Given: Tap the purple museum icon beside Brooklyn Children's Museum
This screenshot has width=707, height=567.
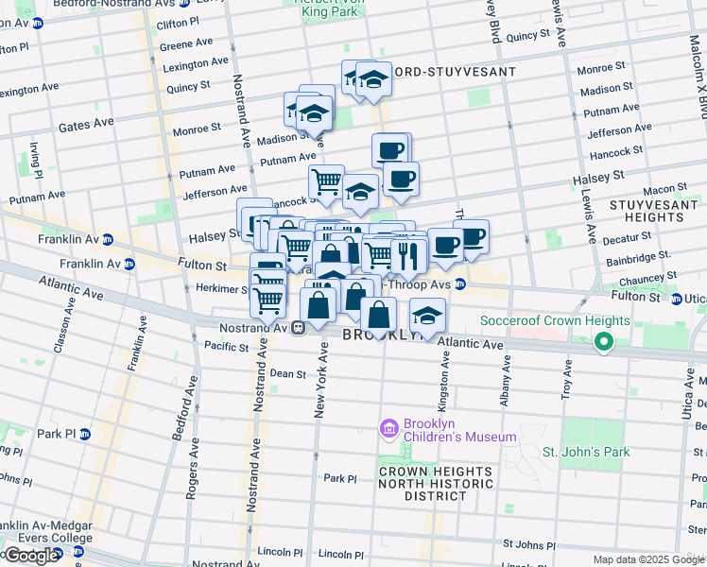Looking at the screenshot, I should tap(388, 429).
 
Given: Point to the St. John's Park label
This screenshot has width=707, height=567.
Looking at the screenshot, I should tap(586, 452).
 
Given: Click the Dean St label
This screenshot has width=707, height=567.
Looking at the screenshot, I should tap(288, 373).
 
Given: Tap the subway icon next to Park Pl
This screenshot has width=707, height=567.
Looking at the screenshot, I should tap(84, 434).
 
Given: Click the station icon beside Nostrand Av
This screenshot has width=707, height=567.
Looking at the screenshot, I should tap(298, 328).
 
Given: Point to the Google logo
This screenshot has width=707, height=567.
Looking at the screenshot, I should tap(30, 556).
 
